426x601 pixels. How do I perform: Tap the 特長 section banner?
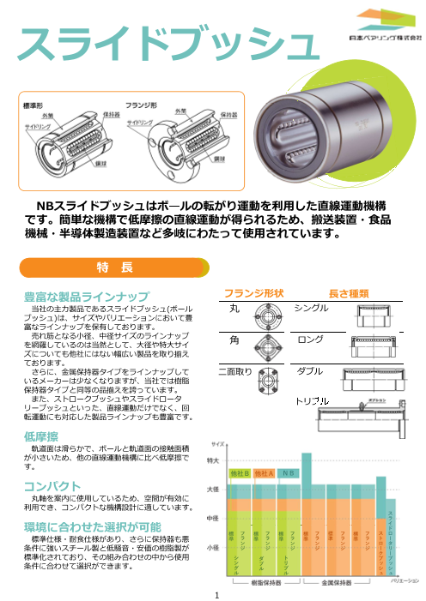click(114, 267)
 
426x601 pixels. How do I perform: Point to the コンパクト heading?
click(52, 485)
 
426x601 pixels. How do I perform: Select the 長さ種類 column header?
click(349, 293)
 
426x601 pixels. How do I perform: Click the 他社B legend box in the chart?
click(240, 472)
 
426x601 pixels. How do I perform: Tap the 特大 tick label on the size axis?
click(214, 461)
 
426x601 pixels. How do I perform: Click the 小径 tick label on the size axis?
click(214, 545)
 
